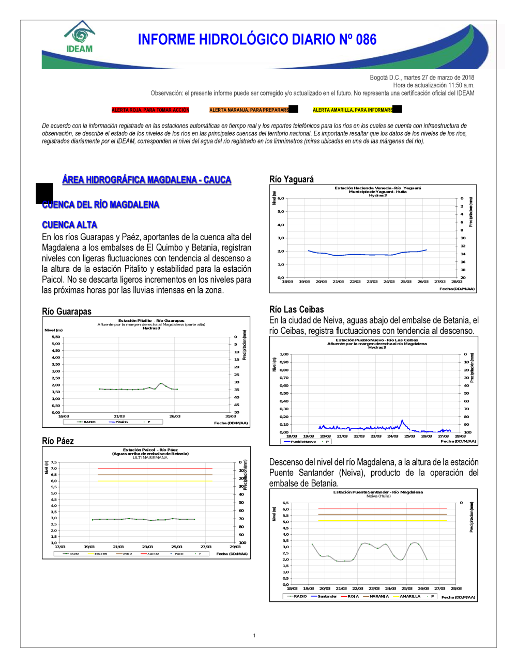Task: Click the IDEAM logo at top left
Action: coord(80,37)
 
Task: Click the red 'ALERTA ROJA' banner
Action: coord(150,110)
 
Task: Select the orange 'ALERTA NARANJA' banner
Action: coord(249,110)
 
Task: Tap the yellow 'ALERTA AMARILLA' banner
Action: coord(353,110)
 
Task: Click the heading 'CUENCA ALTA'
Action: coord(70,225)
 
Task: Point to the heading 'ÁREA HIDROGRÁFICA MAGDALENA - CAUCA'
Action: coord(147,180)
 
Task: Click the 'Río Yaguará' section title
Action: coord(292,179)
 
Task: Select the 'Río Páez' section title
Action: coord(58,441)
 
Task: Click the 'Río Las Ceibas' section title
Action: coord(297,309)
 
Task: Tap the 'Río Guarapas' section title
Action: coord(67,312)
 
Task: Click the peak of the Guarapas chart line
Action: coord(161,384)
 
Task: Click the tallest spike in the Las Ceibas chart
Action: coord(402,421)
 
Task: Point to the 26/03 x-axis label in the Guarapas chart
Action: coord(175,416)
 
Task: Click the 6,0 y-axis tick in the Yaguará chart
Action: coord(281,198)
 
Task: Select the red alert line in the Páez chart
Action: coord(155,469)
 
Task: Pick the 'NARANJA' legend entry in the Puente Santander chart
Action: coord(379,596)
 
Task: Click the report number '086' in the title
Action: coord(366,40)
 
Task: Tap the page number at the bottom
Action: coord(254,635)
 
